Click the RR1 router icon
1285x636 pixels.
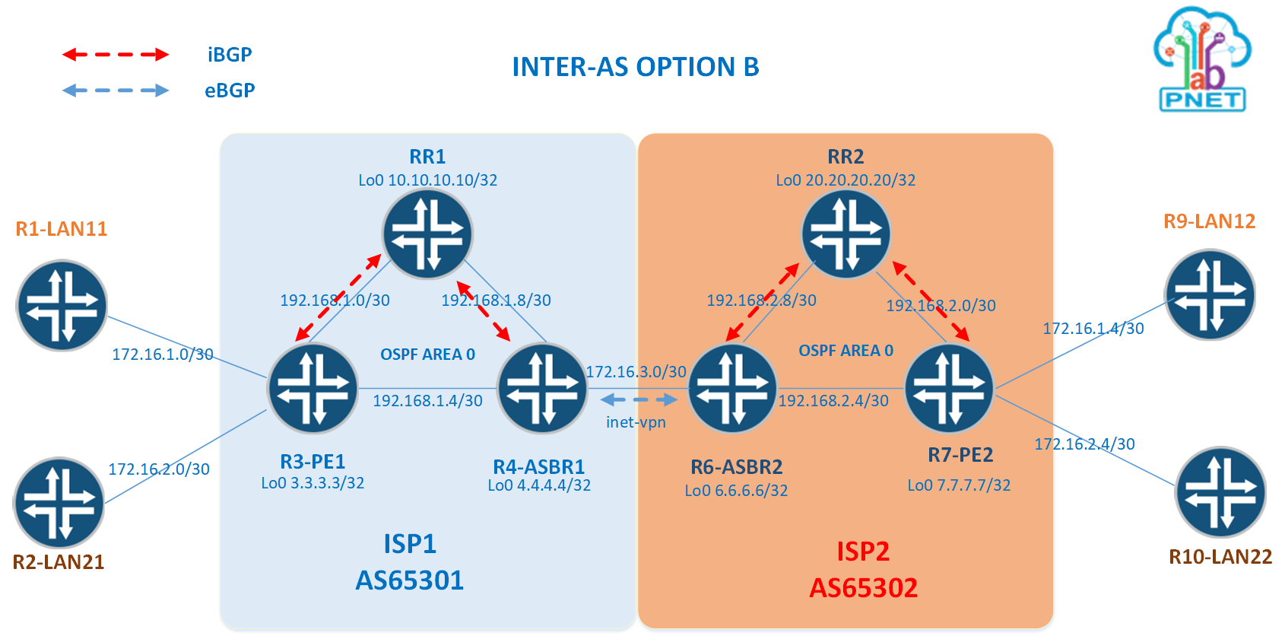tap(427, 234)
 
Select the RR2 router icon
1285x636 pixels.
tap(846, 234)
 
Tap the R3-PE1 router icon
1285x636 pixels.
tap(313, 389)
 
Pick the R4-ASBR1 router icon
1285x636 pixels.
tap(541, 389)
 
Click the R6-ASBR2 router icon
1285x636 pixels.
tap(732, 389)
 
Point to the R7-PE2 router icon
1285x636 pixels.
tap(949, 389)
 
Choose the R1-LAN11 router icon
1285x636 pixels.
tap(62, 306)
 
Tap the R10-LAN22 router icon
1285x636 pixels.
tap(1220, 492)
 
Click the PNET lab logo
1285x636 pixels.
tap(1202, 60)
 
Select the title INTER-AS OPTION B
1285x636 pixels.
tap(636, 67)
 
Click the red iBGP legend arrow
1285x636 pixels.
tap(116, 55)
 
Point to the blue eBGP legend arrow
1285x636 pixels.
tap(116, 91)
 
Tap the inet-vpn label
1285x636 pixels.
tap(636, 422)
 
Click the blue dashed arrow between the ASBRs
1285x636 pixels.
tap(639, 399)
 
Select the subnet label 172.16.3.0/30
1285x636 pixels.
tap(636, 372)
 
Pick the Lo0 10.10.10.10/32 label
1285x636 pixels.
tap(427, 180)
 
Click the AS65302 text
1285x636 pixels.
tap(863, 587)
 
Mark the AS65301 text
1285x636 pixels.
tap(409, 580)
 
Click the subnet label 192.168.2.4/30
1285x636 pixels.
tap(833, 401)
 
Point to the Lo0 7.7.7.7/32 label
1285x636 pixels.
tap(959, 485)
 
